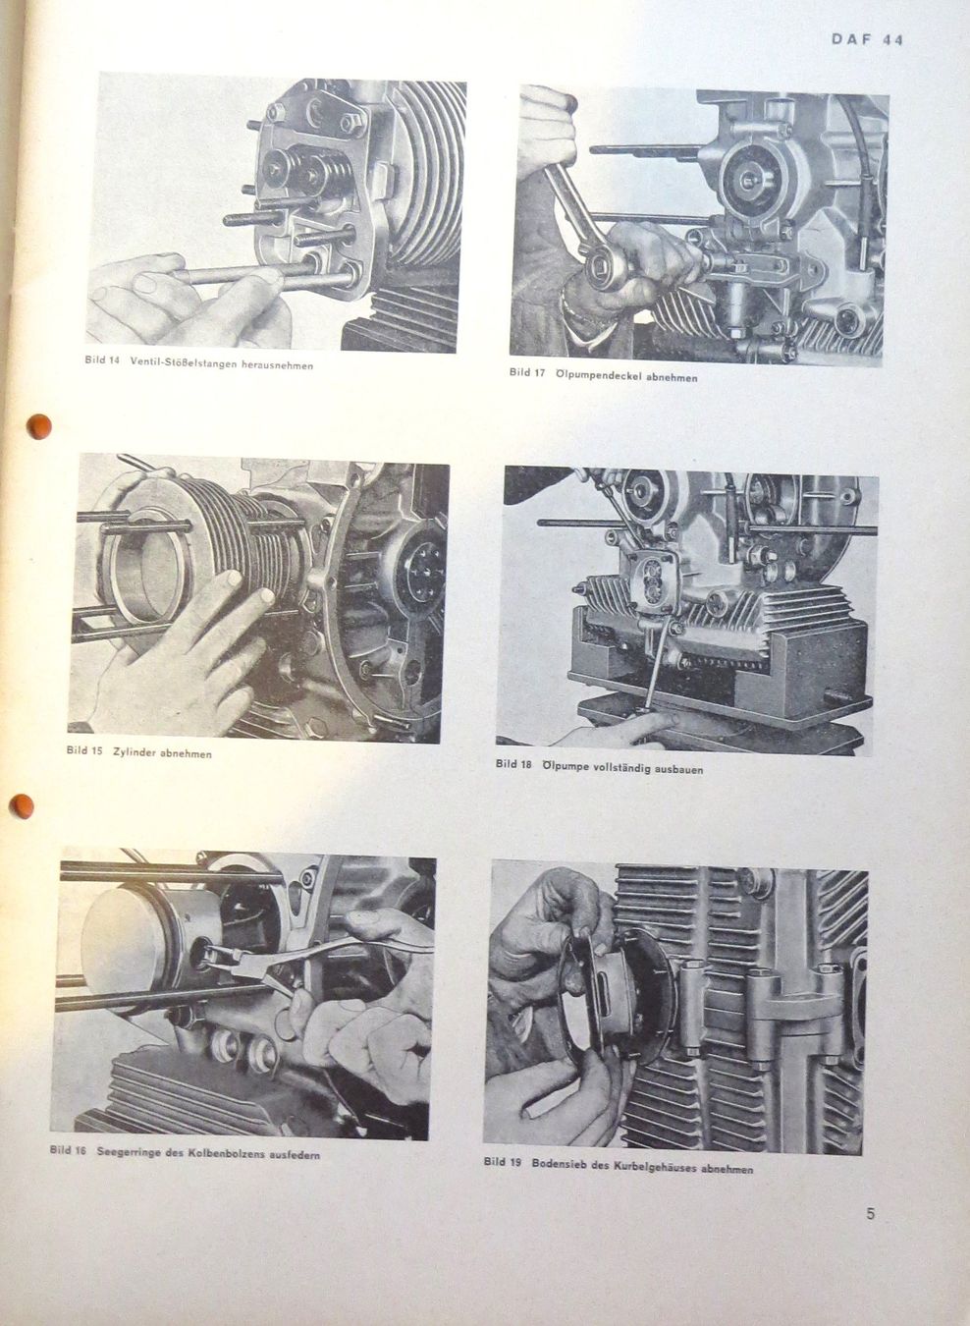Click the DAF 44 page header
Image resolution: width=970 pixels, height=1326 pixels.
pos(867,39)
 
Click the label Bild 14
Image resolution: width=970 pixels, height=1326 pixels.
pos(102,360)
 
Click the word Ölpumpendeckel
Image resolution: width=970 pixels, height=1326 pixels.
pos(595,375)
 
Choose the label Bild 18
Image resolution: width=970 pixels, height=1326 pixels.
pos(513,763)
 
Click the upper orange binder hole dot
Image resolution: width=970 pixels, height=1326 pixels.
pos(39,426)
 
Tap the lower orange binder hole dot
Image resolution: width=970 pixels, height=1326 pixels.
pos(22,806)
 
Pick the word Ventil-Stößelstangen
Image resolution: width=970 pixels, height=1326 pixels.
pos(180,362)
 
